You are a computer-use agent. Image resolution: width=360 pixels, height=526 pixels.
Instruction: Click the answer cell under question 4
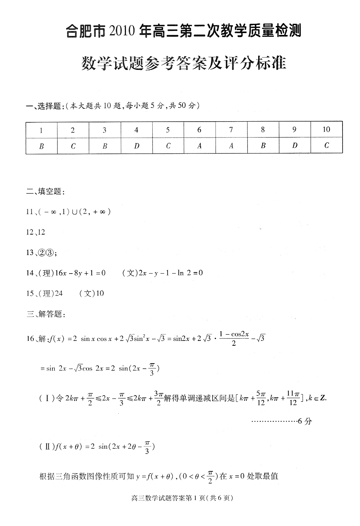point(136,146)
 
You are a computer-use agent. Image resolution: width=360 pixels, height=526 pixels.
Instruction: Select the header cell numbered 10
point(326,129)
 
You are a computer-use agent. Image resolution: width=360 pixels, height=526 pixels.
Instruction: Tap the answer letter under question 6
point(200,146)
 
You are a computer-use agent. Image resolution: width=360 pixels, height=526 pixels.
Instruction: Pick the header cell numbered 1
point(41,130)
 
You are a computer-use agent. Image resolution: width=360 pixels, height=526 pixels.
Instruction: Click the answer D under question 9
point(295,146)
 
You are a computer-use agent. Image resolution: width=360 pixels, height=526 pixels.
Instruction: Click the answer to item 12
point(41,232)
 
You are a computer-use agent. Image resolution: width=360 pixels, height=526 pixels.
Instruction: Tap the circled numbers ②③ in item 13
point(46,253)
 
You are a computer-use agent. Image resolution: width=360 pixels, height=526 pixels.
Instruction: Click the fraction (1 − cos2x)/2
point(234,338)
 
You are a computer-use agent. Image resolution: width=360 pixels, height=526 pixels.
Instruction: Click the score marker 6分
point(305,421)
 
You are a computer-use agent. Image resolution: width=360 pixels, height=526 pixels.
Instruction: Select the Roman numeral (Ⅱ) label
point(47,447)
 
